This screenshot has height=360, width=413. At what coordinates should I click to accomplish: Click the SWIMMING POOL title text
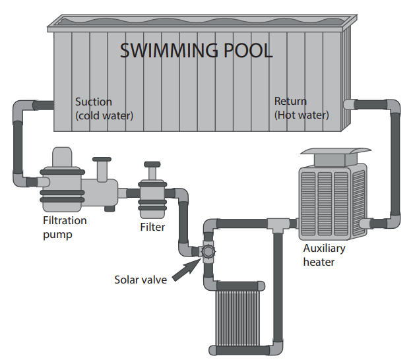[196, 50]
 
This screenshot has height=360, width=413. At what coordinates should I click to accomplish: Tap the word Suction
[94, 102]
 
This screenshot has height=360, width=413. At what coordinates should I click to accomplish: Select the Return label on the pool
[290, 101]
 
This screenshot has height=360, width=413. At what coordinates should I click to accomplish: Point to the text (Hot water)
[302, 115]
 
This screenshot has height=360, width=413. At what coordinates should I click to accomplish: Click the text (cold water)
[104, 116]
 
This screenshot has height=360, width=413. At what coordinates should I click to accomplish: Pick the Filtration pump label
[65, 227]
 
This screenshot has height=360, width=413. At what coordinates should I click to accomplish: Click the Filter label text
[152, 227]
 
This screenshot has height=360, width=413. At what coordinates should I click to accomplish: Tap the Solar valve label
[141, 280]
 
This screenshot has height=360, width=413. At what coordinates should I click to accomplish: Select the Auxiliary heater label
[324, 255]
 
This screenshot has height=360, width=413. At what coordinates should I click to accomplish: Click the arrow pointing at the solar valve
[186, 270]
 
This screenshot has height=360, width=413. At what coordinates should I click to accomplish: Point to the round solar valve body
[208, 251]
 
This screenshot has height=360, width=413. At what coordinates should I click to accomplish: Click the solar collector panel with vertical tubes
[238, 318]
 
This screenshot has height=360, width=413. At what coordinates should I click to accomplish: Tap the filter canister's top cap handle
[152, 164]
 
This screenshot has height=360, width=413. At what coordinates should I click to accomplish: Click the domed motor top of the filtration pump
[62, 157]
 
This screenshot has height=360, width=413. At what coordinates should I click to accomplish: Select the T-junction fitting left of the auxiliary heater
[278, 225]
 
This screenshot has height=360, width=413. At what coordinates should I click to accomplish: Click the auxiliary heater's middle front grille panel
[325, 204]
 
